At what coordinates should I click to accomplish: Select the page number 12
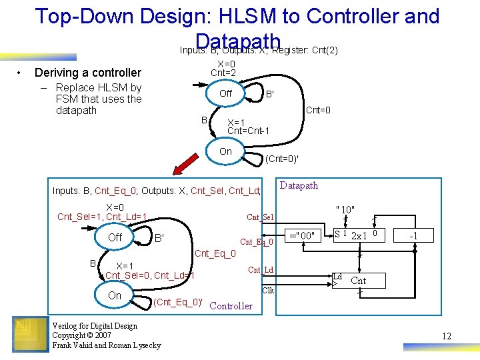[447, 336]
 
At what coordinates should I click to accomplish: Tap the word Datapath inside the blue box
[299, 185]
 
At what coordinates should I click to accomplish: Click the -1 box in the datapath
[413, 235]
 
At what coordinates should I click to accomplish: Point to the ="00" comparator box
[301, 235]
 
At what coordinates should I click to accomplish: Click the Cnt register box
[358, 281]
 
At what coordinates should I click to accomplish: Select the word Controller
[231, 306]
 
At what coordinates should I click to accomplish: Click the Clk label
[268, 291]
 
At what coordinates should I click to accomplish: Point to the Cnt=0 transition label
[318, 110]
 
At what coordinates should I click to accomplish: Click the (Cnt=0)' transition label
[282, 159]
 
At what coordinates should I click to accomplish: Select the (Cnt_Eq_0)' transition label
[178, 301]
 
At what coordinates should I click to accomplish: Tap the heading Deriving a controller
[88, 72]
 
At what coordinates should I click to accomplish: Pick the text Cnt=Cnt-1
[248, 131]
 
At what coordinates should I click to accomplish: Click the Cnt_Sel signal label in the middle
[260, 217]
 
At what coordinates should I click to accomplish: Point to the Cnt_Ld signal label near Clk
[260, 270]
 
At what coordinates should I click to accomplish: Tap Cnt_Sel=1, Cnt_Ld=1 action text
[102, 217]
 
